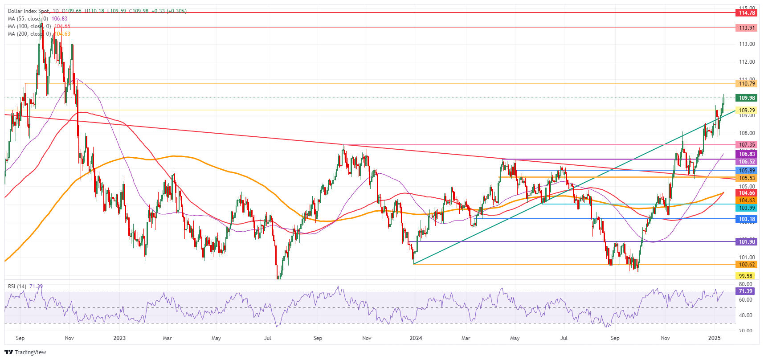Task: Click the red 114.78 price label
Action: tap(747, 13)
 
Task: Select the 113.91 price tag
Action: tap(747, 28)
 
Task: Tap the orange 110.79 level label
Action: tap(747, 84)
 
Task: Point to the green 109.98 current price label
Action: tap(747, 98)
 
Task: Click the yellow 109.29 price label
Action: tap(747, 110)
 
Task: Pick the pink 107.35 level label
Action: tap(747, 145)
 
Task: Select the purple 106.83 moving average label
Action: tap(747, 154)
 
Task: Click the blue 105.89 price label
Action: tap(747, 171)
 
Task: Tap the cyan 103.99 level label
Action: tap(747, 208)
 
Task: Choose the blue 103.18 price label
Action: tap(747, 219)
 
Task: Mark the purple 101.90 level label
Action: tap(747, 242)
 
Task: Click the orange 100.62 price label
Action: tap(747, 265)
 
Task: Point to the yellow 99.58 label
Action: tap(745, 276)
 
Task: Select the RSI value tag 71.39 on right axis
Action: tap(745, 291)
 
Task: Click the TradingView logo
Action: tap(25, 352)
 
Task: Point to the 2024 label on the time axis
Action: tap(416, 338)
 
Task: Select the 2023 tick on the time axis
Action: tap(119, 338)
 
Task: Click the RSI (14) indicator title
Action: tap(17, 286)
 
